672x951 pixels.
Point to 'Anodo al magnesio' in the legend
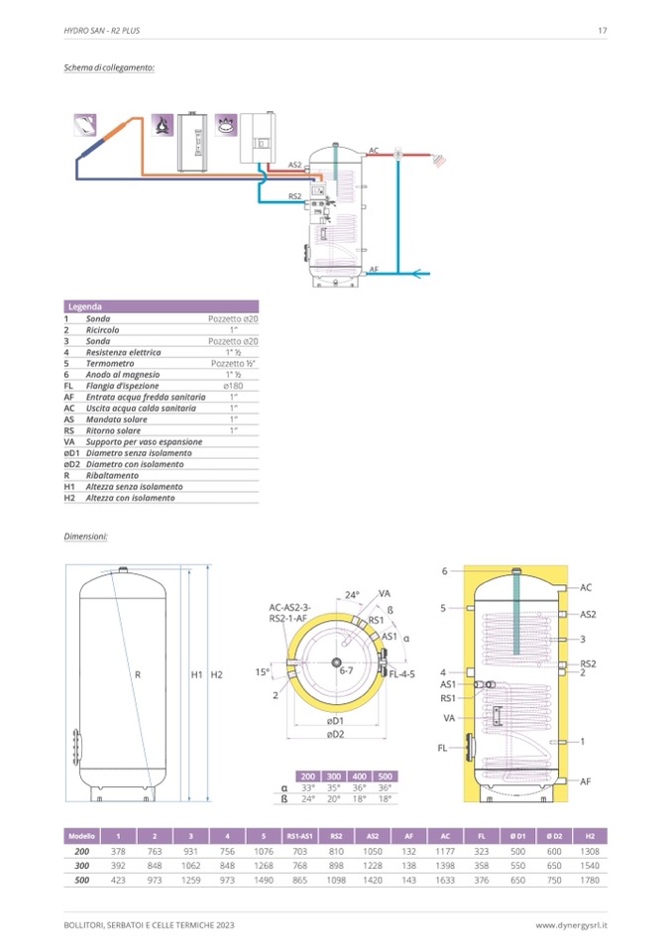click(x=120, y=374)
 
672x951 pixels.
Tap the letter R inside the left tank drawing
click(x=138, y=675)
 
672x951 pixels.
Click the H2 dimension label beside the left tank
click(x=218, y=675)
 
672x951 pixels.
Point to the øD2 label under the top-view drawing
click(x=336, y=734)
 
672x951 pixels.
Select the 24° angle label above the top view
click(x=351, y=595)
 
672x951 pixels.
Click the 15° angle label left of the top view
click(x=262, y=671)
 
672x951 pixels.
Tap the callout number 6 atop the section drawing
click(x=445, y=571)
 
